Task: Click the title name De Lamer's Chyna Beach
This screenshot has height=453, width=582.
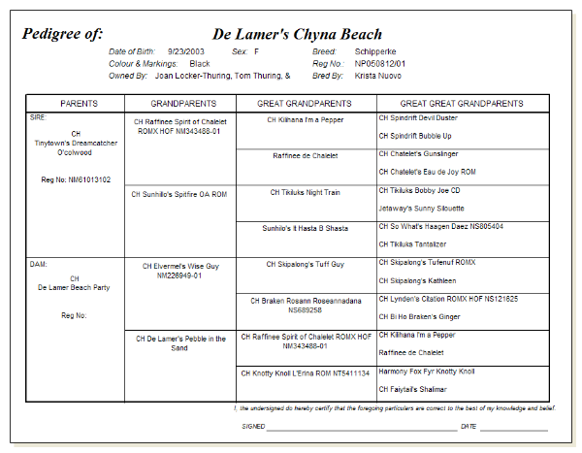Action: pos(297,35)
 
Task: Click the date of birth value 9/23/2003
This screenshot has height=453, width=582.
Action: pos(185,50)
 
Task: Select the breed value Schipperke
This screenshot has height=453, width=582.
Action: pos(375,50)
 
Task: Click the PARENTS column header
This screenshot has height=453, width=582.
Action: pos(79,103)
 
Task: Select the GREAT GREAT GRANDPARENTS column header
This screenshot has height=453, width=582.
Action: pos(462,103)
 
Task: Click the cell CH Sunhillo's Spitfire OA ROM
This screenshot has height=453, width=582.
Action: pos(178,193)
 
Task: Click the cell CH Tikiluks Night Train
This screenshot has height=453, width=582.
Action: pos(305,192)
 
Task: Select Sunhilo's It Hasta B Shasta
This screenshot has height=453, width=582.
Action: pos(305,228)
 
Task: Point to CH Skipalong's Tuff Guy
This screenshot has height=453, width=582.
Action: pos(305,264)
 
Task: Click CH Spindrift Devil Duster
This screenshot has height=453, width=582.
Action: pos(418,117)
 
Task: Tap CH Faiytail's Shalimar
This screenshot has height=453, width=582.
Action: pos(419,388)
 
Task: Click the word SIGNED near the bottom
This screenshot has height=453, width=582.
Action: pos(253,425)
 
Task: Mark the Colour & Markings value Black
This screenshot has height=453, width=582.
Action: pos(200,63)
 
